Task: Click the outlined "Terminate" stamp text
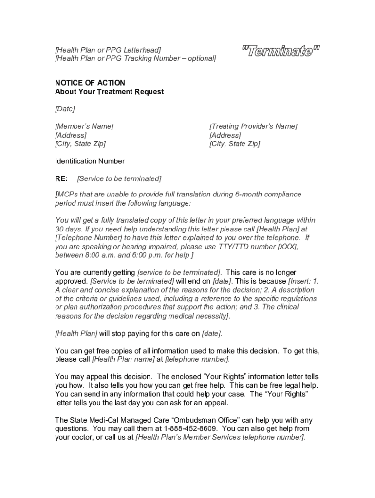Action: pyautogui.click(x=281, y=51)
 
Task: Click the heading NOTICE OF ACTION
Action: pyautogui.click(x=90, y=83)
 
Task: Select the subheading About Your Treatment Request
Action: pyautogui.click(x=110, y=91)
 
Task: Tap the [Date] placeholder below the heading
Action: pyautogui.click(x=65, y=109)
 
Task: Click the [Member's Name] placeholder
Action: pyautogui.click(x=84, y=126)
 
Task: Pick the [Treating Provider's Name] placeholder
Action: pyautogui.click(x=253, y=126)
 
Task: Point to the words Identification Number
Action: pyautogui.click(x=90, y=161)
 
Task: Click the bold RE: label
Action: pyautogui.click(x=61, y=178)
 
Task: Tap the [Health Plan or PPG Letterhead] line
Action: pyautogui.click(x=108, y=50)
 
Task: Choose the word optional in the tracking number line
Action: pyautogui.click(x=200, y=58)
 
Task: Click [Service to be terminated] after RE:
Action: pyautogui.click(x=119, y=178)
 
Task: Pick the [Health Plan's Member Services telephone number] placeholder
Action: pyautogui.click(x=220, y=437)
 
